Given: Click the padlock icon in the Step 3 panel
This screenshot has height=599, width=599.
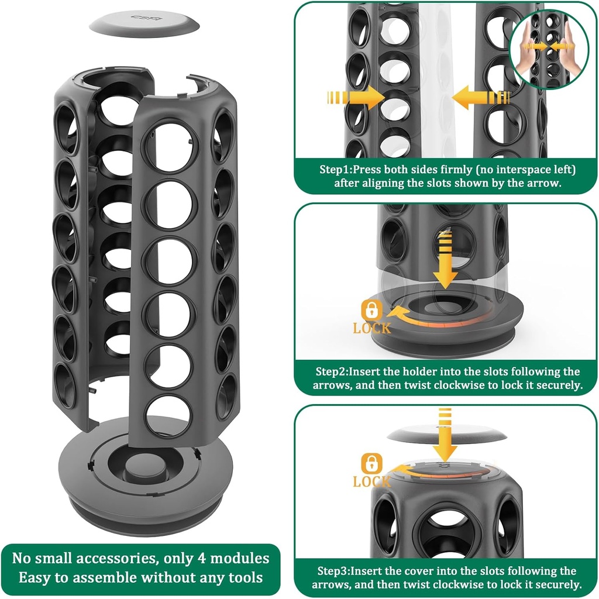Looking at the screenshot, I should click(x=371, y=464).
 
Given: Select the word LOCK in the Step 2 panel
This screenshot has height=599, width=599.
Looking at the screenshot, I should click(x=372, y=328).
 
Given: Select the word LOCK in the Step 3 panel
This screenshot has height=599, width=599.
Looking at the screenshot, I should click(x=371, y=481).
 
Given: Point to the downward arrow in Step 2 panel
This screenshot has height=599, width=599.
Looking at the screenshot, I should click(x=446, y=260).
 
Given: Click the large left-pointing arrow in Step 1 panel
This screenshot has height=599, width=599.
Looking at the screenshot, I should click(x=482, y=97).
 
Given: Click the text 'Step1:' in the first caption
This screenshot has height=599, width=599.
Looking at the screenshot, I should click(x=336, y=170).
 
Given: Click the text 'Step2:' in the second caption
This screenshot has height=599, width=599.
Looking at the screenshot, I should click(x=333, y=371).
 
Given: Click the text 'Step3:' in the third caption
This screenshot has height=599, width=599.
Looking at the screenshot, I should click(x=334, y=571).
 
